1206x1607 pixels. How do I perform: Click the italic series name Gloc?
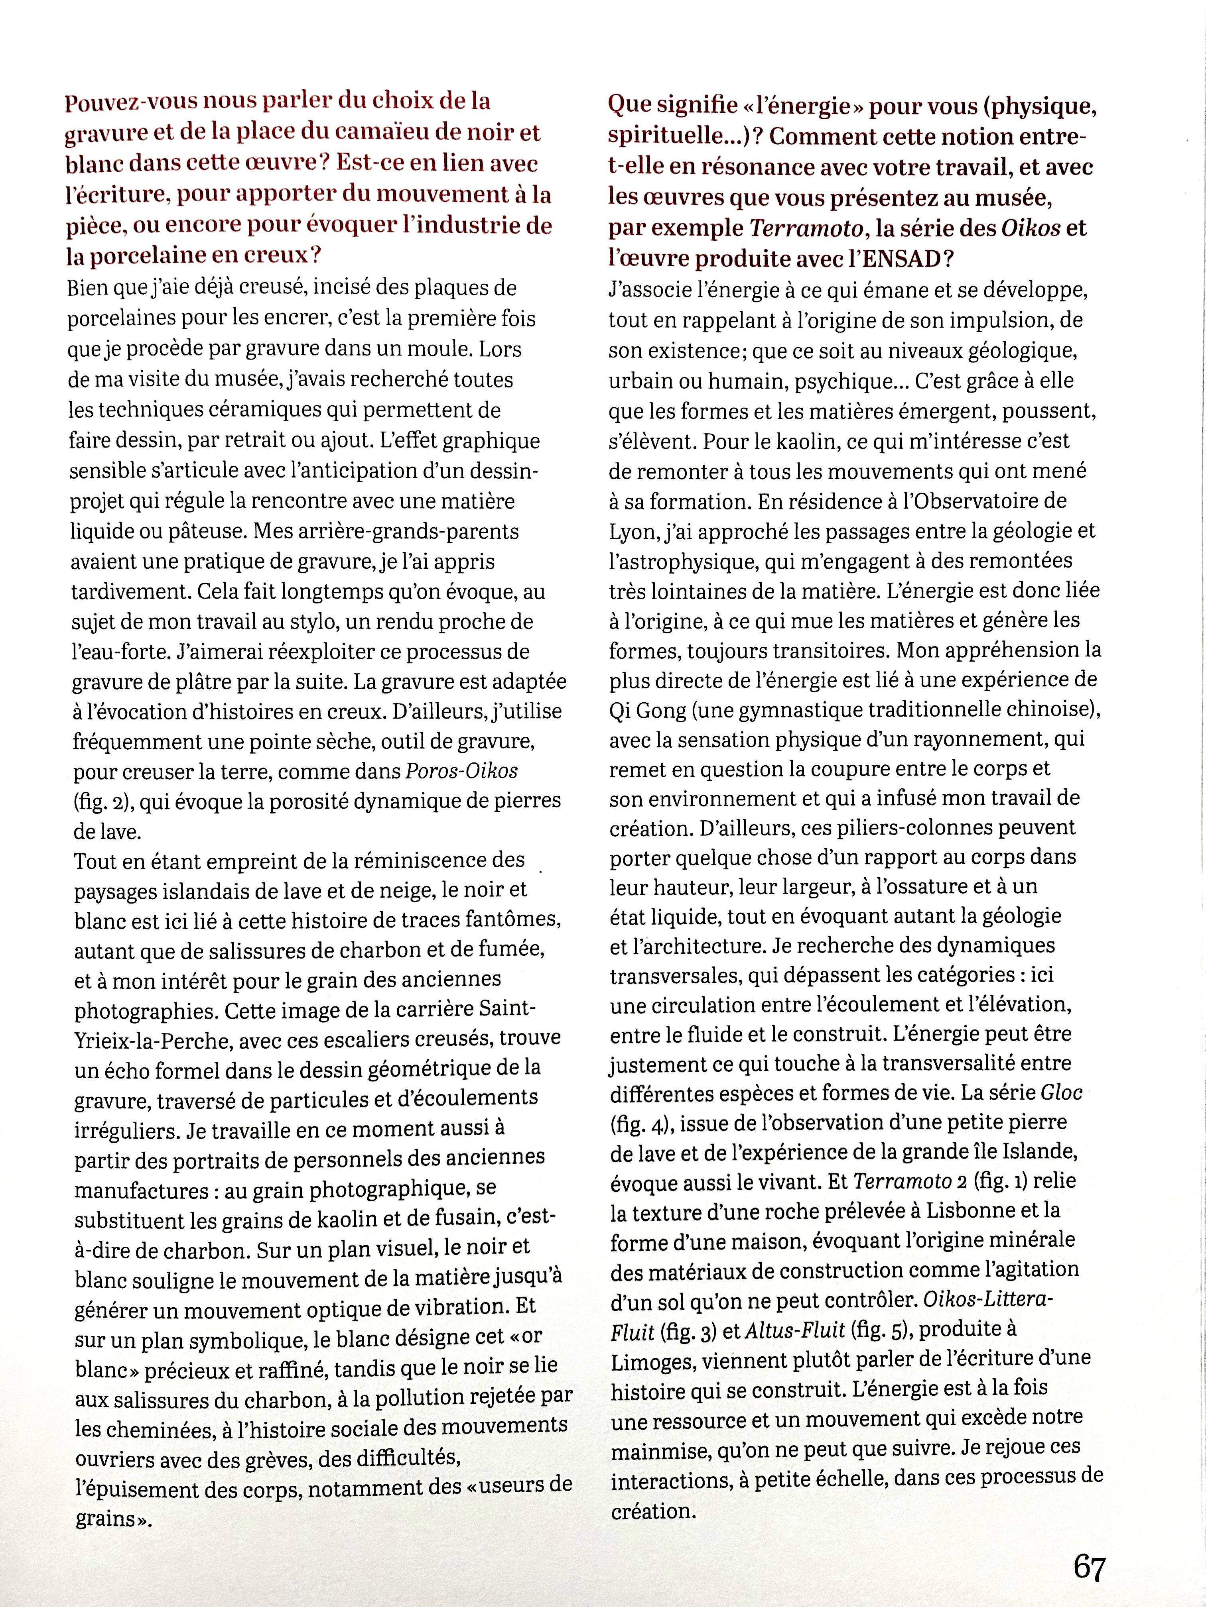[x=1061, y=1092]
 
